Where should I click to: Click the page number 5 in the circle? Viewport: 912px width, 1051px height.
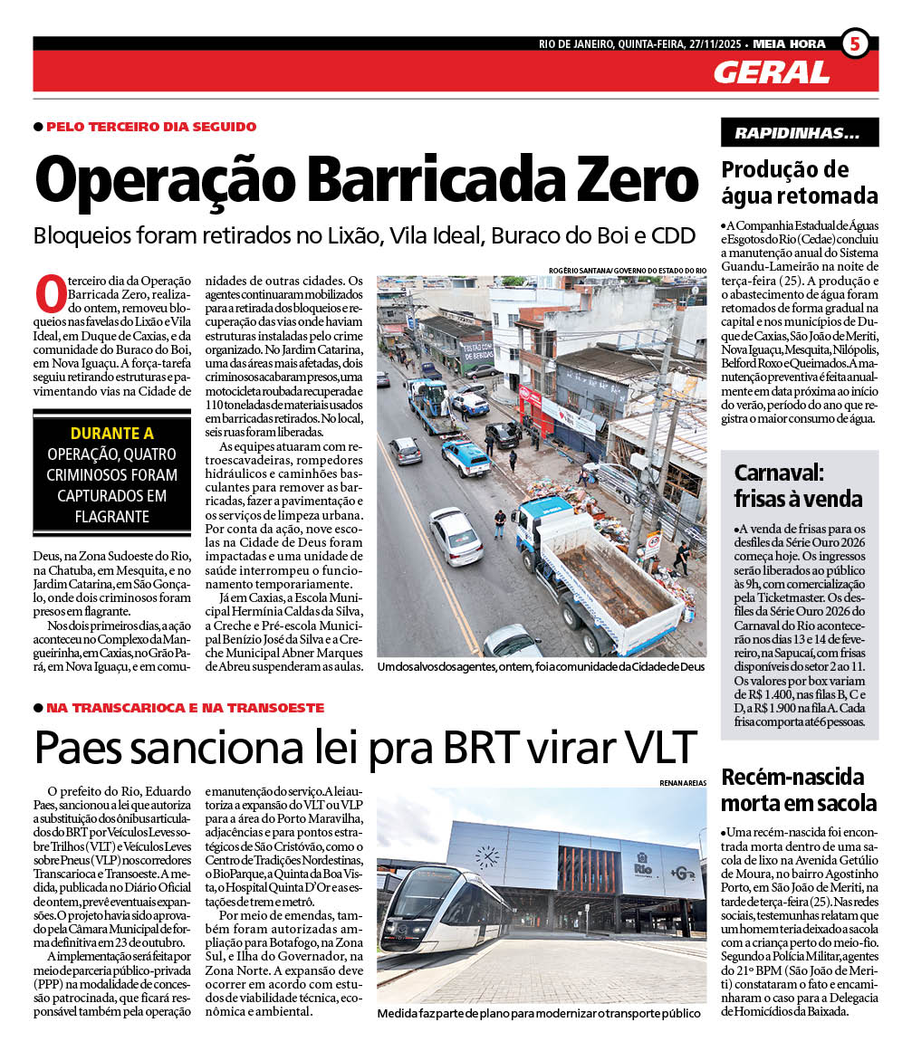[x=855, y=43]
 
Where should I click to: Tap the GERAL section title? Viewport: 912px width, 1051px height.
[x=771, y=72]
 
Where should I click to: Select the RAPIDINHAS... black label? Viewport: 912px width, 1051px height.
[x=799, y=132]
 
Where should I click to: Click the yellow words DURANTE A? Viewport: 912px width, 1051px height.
[x=112, y=434]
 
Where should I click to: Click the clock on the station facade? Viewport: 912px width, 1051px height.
[x=487, y=856]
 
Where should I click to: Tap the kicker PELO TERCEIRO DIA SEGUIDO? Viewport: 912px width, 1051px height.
[x=151, y=127]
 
